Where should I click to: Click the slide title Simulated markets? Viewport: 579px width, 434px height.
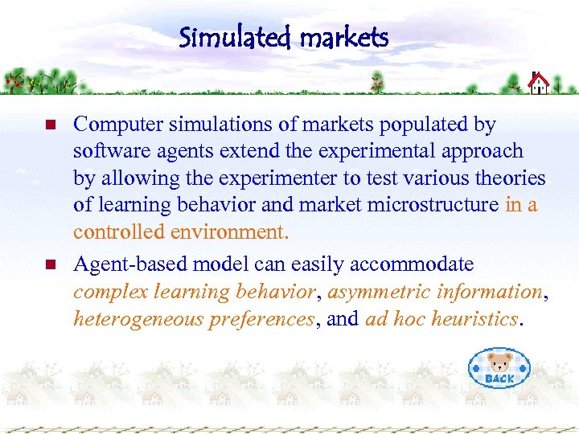(284, 37)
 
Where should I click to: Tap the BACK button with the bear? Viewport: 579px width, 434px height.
(499, 369)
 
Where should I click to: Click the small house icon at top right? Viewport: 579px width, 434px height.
(539, 82)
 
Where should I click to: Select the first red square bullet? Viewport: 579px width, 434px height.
(49, 125)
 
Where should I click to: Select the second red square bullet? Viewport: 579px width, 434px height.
(49, 264)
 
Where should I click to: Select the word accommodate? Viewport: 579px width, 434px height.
(417, 264)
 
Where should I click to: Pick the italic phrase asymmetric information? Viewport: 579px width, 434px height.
(435, 291)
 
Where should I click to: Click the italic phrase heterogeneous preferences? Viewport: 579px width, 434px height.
(193, 319)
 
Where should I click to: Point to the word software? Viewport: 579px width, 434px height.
(104, 151)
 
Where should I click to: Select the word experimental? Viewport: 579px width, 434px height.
(369, 151)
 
